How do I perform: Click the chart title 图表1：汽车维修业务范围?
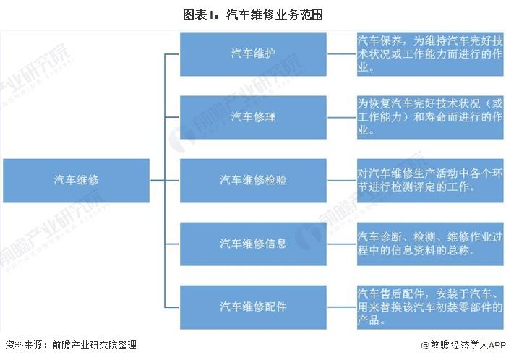click(253, 15)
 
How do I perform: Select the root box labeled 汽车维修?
click(76, 181)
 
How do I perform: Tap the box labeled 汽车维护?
click(253, 54)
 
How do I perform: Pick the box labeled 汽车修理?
click(253, 117)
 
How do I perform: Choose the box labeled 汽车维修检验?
click(253, 181)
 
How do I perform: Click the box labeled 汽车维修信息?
click(253, 244)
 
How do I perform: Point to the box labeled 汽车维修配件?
click(253, 307)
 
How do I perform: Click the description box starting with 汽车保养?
click(430, 54)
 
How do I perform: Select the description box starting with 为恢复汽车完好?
click(430, 117)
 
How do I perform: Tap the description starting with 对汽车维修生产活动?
click(430, 181)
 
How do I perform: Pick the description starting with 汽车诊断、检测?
click(430, 244)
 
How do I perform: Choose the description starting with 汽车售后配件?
click(430, 307)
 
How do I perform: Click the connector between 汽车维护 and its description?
click(342, 54)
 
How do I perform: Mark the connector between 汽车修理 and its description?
click(342, 117)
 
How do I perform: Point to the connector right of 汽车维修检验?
click(342, 181)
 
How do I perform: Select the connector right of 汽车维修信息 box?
click(342, 244)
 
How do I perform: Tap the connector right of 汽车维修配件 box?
click(342, 307)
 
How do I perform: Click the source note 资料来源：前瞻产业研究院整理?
click(71, 345)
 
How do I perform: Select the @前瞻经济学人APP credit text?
click(463, 345)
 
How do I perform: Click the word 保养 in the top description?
click(391, 40)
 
